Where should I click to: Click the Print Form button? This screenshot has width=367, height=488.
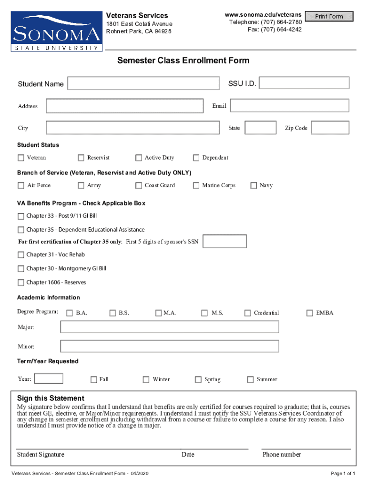point(329,17)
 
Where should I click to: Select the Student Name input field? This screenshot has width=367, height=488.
point(143,83)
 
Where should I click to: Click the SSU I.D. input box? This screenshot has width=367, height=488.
point(304,83)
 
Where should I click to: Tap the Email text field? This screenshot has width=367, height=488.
point(289,106)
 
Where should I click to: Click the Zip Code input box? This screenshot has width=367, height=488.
point(330,128)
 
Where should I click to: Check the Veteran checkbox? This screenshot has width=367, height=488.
point(21,158)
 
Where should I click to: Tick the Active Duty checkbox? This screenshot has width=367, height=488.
point(139,158)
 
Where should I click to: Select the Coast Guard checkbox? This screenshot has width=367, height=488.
point(139,185)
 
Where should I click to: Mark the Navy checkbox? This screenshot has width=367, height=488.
point(254,185)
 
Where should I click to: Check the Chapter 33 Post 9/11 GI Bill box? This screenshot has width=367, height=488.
point(21,216)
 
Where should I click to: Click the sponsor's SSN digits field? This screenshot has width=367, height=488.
point(225,242)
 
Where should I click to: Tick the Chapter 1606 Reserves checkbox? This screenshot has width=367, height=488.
point(21,282)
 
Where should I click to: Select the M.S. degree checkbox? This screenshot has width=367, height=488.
point(204,313)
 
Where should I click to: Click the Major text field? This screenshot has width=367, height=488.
point(170,327)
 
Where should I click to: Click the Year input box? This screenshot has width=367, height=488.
point(49,379)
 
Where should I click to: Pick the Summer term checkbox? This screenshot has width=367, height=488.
point(250,380)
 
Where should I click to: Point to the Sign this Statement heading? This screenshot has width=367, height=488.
point(51,398)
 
